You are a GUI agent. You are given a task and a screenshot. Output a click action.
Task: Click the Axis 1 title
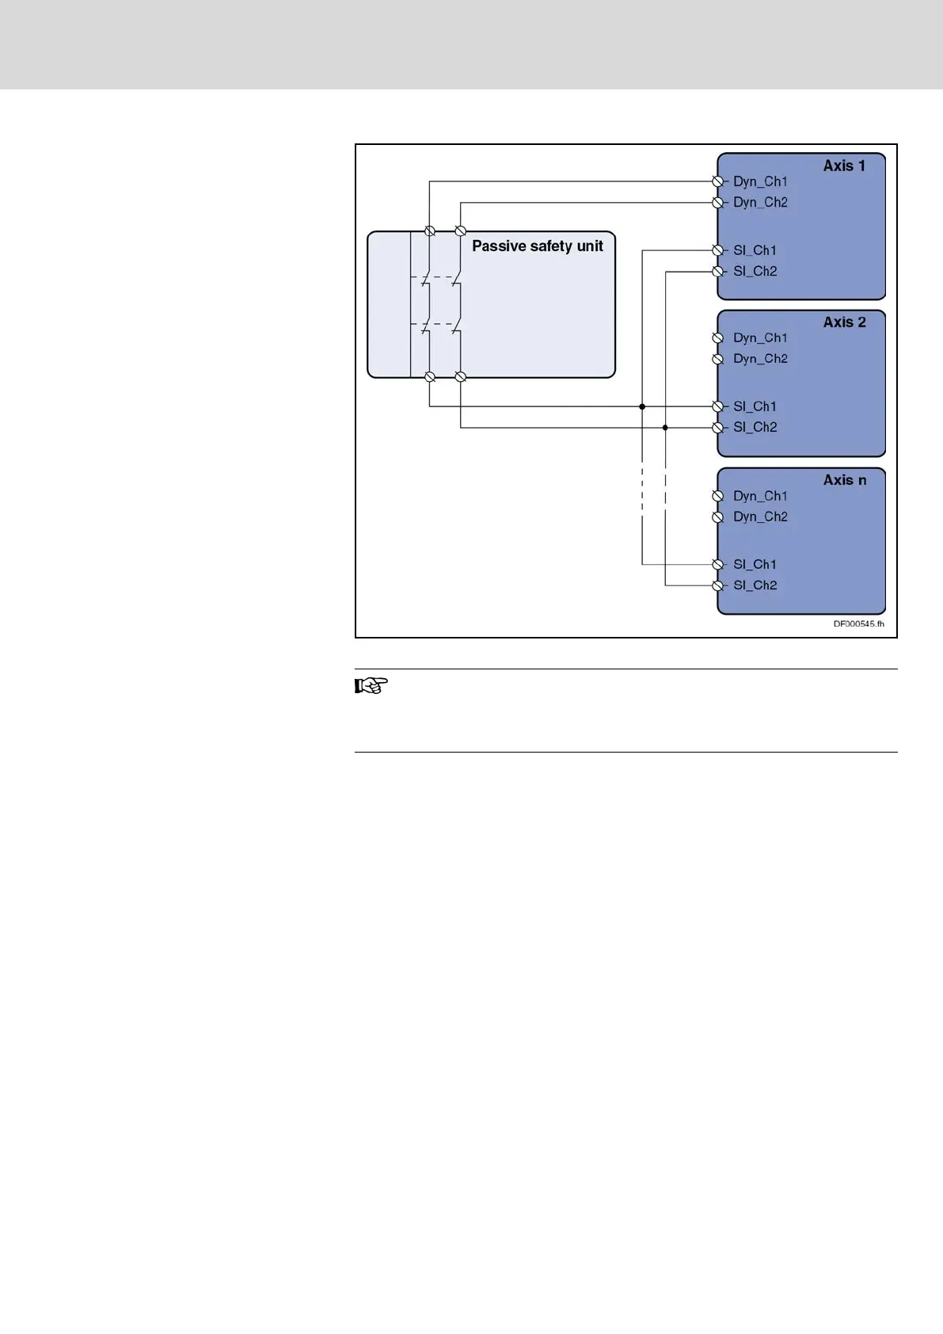click(x=844, y=166)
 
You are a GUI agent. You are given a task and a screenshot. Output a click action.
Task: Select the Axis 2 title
click(x=844, y=322)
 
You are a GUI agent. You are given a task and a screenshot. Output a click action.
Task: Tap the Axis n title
click(x=844, y=480)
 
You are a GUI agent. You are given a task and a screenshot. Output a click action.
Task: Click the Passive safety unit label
click(x=537, y=246)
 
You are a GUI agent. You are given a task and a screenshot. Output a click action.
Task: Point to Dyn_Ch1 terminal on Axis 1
click(x=718, y=181)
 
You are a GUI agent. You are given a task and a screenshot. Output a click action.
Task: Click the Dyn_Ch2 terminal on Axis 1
click(x=718, y=203)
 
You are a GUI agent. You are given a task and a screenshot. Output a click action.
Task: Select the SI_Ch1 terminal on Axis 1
click(x=718, y=250)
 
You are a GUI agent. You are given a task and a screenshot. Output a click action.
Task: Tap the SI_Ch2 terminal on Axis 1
click(x=718, y=272)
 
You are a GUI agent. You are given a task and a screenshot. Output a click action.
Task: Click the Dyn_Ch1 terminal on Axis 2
click(x=718, y=338)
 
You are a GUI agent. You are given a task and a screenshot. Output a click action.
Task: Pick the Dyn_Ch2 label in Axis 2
click(x=760, y=359)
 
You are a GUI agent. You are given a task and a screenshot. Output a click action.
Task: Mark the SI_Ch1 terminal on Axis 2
click(x=718, y=406)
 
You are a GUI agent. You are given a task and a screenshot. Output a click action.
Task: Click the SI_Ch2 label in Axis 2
click(x=755, y=428)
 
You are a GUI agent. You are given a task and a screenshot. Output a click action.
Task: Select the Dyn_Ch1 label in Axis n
click(x=760, y=496)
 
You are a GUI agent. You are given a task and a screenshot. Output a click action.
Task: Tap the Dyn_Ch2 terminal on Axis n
click(x=718, y=517)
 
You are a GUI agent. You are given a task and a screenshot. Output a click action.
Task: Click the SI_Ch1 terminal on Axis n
click(x=718, y=564)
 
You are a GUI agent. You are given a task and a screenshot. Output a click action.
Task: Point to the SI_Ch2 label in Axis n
click(x=755, y=585)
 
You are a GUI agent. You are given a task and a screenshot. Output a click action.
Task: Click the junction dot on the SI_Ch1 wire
click(x=642, y=406)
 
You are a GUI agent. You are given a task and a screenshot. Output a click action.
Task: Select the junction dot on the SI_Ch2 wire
click(x=665, y=428)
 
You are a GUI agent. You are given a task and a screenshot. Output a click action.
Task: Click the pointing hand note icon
click(x=371, y=686)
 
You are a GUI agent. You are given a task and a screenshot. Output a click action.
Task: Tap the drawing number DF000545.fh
click(x=858, y=624)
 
